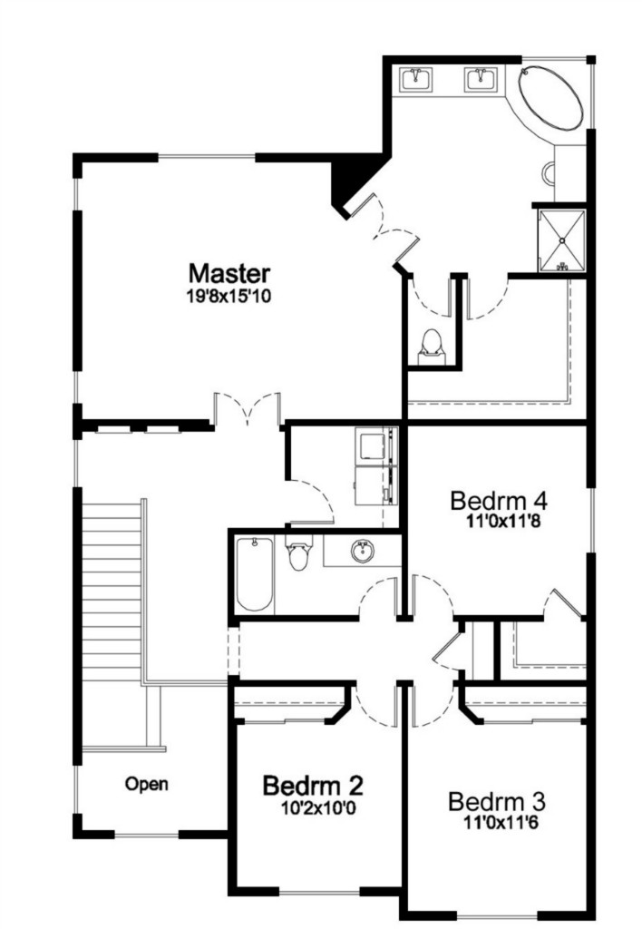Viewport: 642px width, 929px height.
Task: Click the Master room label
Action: (229, 274)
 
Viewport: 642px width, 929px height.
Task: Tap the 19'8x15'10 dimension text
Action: (229, 296)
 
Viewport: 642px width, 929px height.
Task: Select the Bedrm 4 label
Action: (499, 501)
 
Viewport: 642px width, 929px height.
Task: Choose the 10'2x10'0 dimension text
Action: (318, 807)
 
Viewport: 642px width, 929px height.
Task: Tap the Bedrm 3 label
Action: (497, 802)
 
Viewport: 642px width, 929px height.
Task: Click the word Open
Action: (146, 785)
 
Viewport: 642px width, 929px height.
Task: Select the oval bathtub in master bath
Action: (550, 99)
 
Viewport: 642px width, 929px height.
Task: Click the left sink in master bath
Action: (416, 80)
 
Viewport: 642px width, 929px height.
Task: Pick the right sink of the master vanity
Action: (481, 80)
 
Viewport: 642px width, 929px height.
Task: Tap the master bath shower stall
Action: (561, 240)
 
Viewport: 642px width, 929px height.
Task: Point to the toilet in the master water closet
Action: (431, 347)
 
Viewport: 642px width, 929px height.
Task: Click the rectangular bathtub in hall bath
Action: (255, 574)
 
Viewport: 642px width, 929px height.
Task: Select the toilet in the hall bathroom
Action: (298, 553)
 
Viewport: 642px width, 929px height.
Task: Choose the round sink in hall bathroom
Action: (362, 552)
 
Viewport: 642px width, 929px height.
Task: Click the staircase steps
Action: (111, 592)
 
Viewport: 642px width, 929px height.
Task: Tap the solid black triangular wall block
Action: (355, 181)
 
